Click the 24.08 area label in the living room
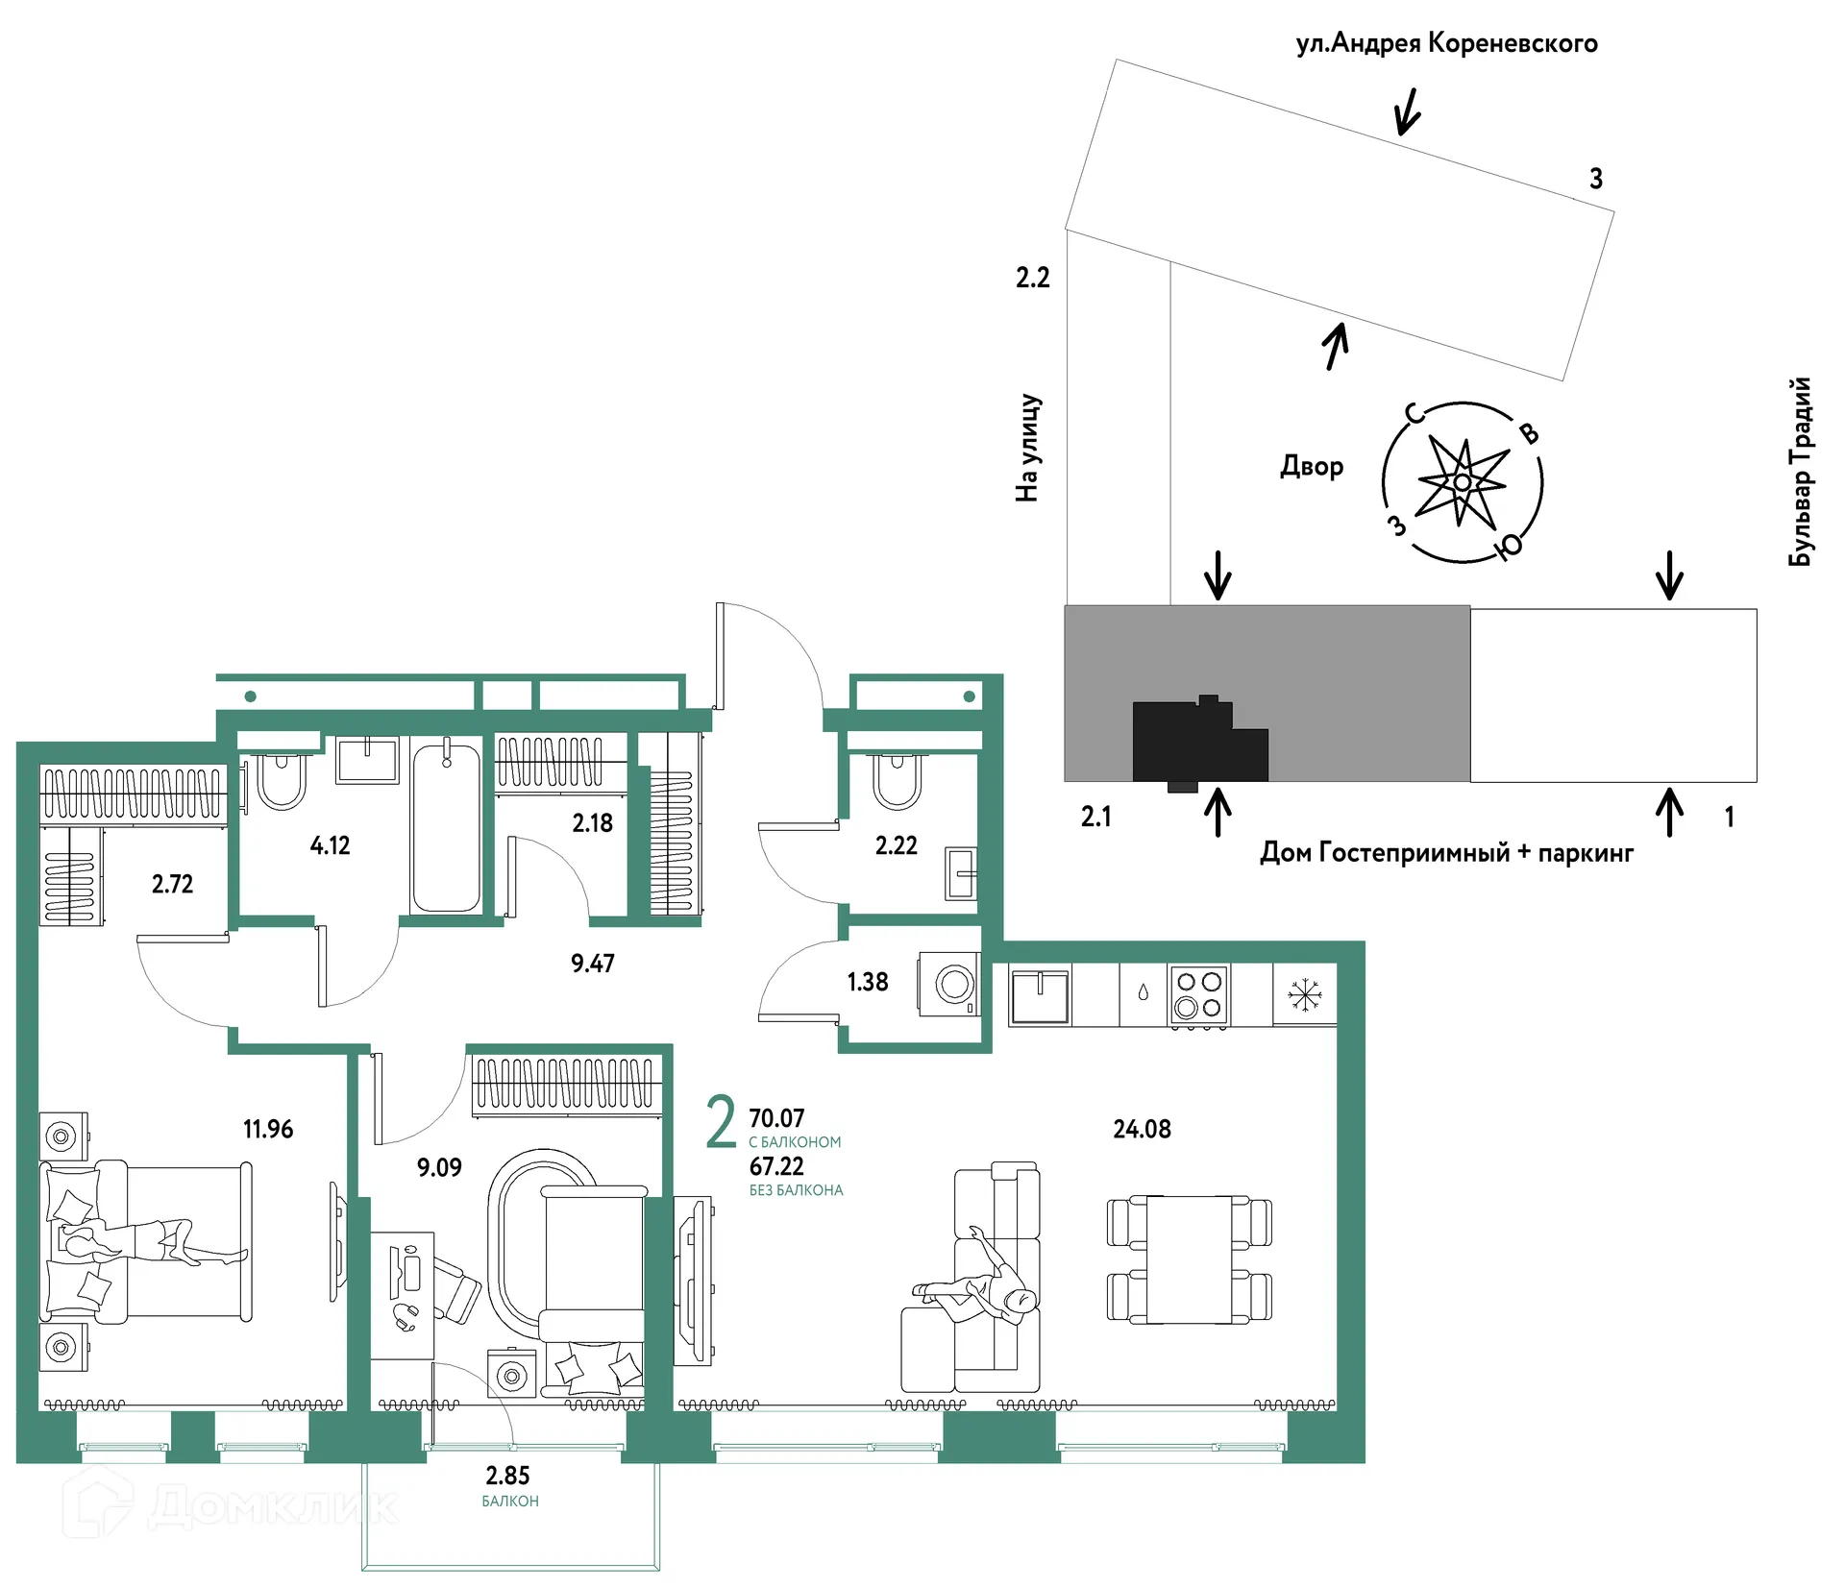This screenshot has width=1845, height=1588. (1142, 1129)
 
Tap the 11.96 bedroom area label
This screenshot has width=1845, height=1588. (268, 1129)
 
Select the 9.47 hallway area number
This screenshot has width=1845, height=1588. (592, 963)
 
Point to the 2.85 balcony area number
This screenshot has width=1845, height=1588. (507, 1475)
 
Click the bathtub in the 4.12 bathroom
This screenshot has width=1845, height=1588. (446, 827)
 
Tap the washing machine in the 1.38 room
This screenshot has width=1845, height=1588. (949, 984)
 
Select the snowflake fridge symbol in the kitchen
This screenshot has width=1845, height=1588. (1305, 994)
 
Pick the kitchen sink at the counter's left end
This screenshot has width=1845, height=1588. (1040, 996)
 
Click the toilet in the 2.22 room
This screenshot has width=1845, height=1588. (897, 780)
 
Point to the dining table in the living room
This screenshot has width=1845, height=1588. (1190, 1259)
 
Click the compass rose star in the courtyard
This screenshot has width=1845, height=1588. (1462, 482)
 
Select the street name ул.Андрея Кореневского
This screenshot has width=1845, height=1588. (1446, 43)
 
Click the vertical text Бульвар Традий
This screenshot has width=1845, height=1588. (1800, 471)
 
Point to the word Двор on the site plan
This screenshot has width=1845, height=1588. (1312, 467)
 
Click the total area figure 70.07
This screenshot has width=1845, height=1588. (776, 1118)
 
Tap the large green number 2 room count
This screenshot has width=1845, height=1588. (721, 1121)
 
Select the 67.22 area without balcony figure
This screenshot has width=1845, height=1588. (776, 1166)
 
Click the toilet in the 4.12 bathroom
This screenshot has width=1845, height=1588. (282, 781)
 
